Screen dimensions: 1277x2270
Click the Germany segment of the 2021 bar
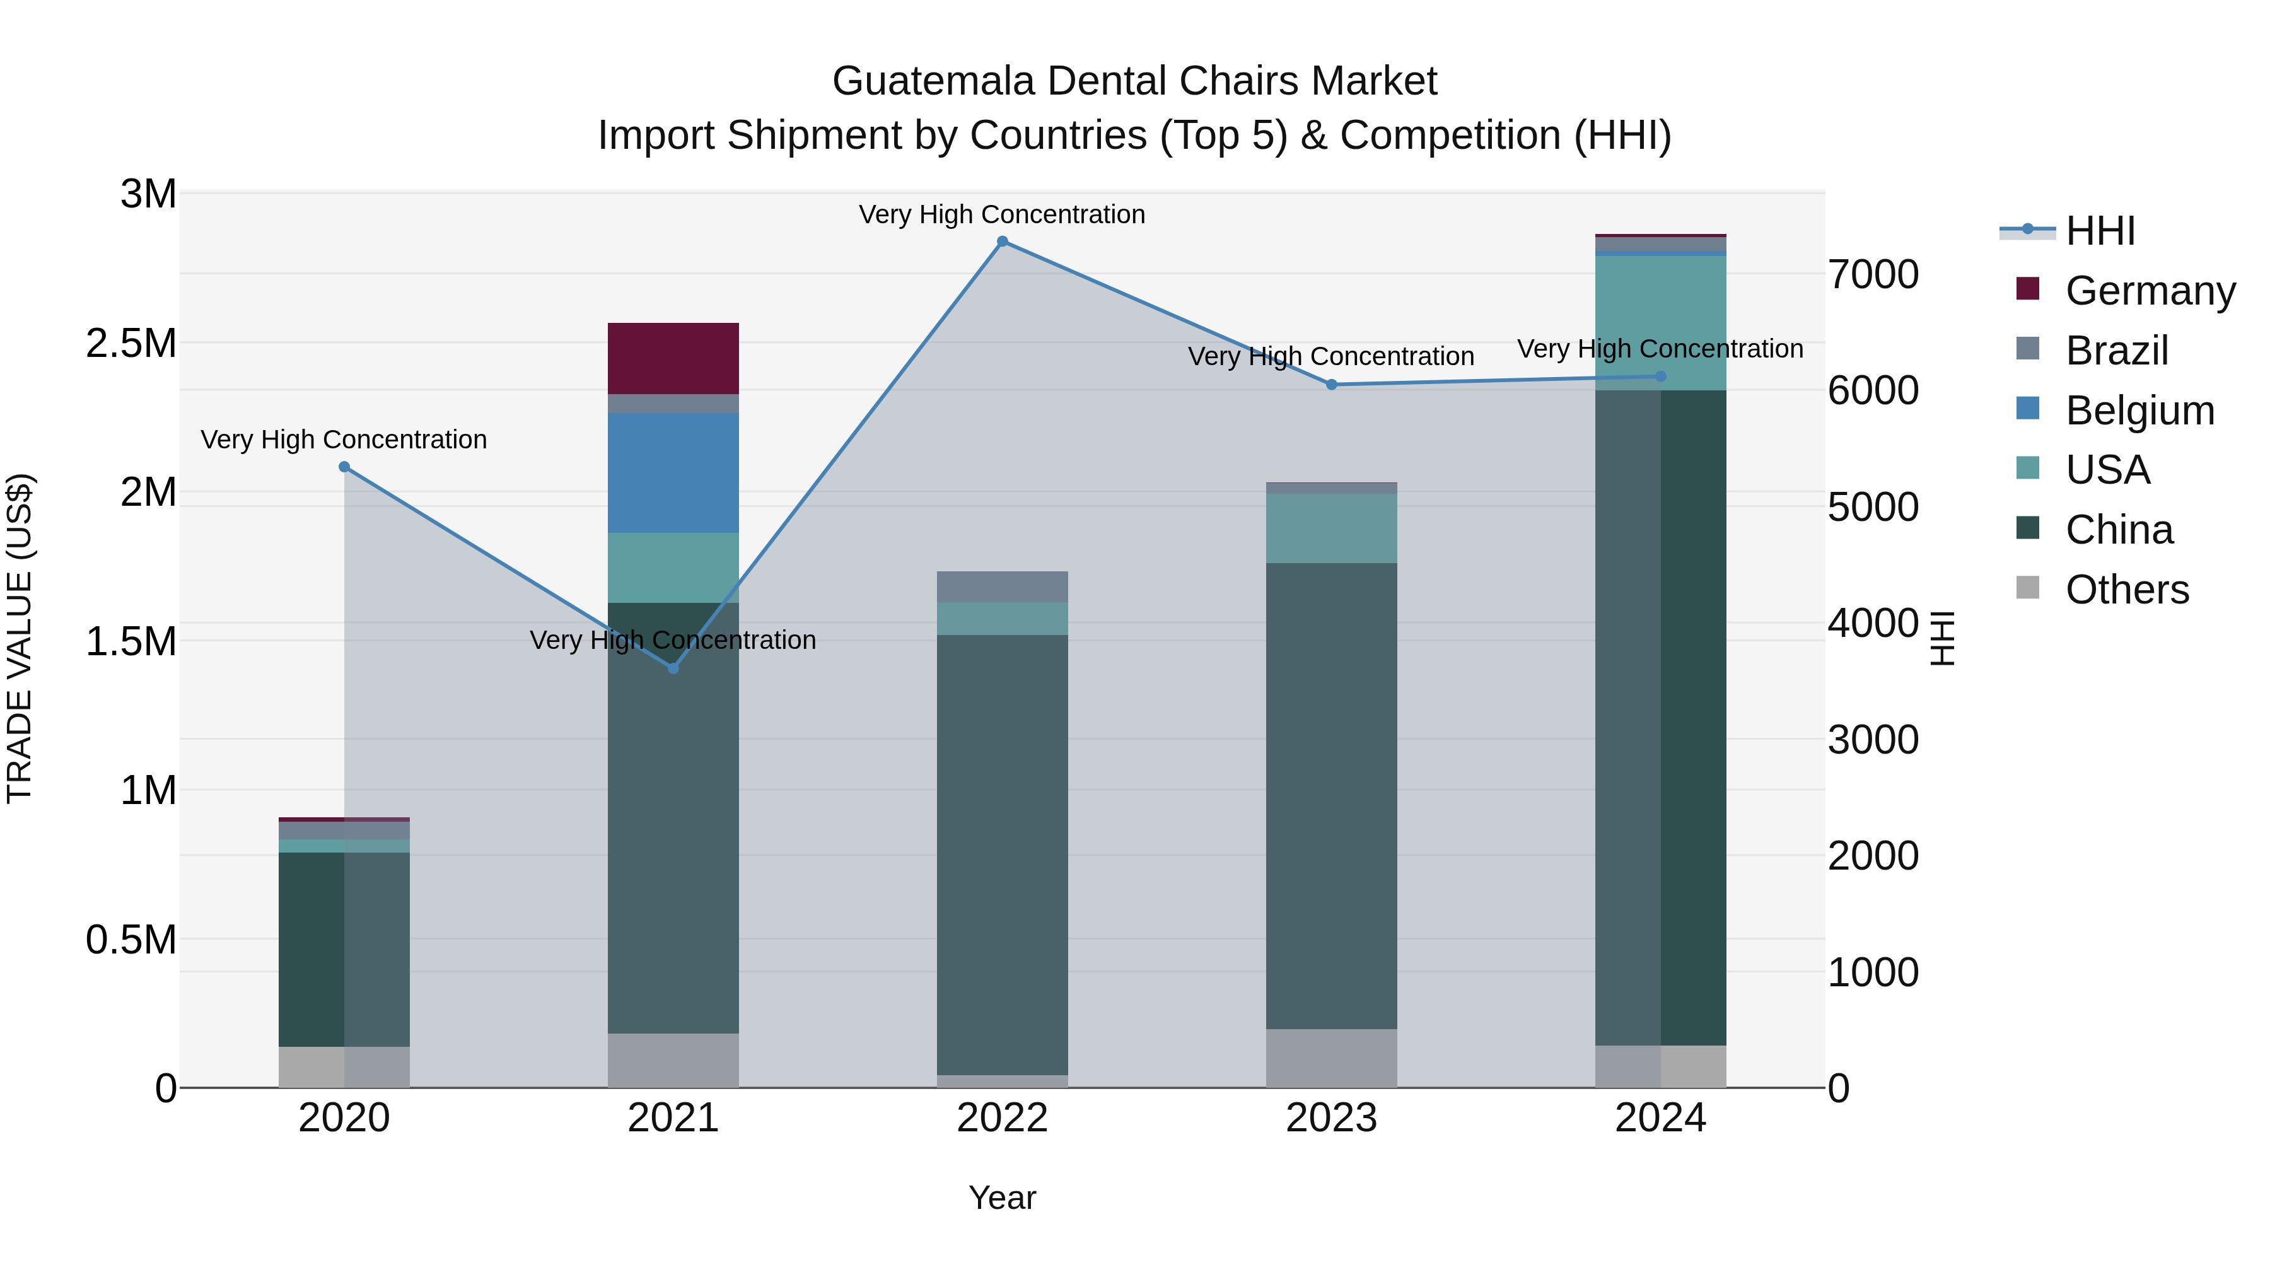point(673,358)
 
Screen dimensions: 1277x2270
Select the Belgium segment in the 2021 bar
point(673,472)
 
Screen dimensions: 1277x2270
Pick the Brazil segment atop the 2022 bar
point(1002,586)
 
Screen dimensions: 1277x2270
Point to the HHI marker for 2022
point(1002,242)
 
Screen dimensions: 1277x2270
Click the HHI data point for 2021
point(673,668)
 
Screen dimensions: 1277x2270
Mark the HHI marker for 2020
point(344,467)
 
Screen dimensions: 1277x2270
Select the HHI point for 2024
point(1660,376)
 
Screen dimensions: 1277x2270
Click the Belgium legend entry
point(2139,411)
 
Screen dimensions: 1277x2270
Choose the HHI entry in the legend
point(2099,231)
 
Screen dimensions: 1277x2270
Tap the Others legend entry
point(2126,590)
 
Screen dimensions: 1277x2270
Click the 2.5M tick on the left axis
point(131,344)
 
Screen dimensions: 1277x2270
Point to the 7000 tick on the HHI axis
point(1873,275)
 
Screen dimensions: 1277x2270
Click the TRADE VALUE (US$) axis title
point(20,638)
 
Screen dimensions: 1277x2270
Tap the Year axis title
point(1002,1198)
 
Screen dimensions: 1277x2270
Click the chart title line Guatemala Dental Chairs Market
point(1134,81)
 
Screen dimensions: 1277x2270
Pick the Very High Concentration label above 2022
point(1002,214)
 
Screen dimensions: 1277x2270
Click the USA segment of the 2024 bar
point(1660,322)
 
